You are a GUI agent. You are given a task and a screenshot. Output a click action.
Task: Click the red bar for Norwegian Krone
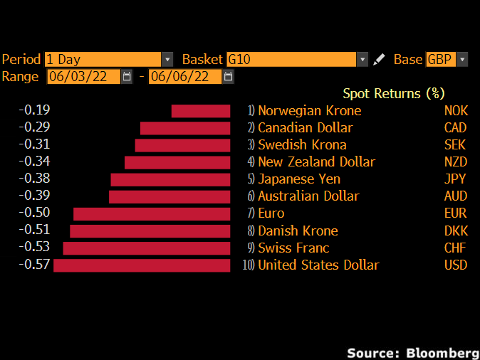[201, 111]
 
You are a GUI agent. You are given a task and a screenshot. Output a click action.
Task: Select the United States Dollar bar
[142, 265]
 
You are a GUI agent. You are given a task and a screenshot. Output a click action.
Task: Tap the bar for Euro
[152, 213]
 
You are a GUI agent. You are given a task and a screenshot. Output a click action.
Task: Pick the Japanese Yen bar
[170, 179]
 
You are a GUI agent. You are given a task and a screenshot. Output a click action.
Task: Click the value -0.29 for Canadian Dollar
[34, 127]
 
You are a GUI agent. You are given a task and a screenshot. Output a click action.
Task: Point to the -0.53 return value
[34, 247]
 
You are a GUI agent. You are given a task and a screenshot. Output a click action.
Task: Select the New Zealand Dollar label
[316, 162]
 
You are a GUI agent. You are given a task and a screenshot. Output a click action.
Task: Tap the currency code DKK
[455, 231]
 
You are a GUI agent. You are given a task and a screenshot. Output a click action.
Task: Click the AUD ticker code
[455, 196]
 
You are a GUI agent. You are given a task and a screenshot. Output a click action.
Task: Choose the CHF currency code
[455, 248]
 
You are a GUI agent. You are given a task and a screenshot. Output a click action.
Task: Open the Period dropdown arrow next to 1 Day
[167, 60]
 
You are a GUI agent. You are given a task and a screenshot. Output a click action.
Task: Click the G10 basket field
[291, 60]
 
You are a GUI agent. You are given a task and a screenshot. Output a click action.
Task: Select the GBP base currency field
[440, 60]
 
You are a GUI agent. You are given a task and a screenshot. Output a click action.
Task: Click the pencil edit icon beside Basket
[380, 60]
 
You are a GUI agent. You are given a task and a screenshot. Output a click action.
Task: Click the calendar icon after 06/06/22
[228, 77]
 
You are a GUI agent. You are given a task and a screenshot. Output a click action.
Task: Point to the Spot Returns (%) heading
[393, 93]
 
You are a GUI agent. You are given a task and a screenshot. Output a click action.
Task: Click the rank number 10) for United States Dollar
[249, 265]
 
